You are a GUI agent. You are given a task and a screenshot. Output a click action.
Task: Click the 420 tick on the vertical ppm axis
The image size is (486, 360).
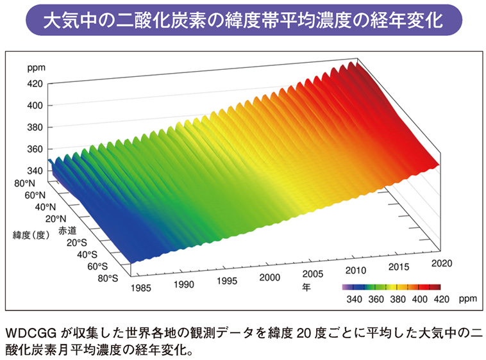35,83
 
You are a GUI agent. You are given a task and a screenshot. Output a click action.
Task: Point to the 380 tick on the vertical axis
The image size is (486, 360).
35,127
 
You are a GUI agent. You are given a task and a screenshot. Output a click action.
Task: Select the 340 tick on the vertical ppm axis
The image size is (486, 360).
35,170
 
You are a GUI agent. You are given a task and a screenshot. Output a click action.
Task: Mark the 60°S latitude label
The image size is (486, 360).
97,265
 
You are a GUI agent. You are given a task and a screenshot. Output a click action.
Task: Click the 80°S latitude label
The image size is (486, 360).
106,277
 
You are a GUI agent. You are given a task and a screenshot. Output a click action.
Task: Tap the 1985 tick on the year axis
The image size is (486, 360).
141,289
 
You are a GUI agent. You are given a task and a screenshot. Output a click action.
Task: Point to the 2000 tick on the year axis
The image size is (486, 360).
270,277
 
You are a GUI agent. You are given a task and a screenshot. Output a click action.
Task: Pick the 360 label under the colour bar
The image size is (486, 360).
376,299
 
